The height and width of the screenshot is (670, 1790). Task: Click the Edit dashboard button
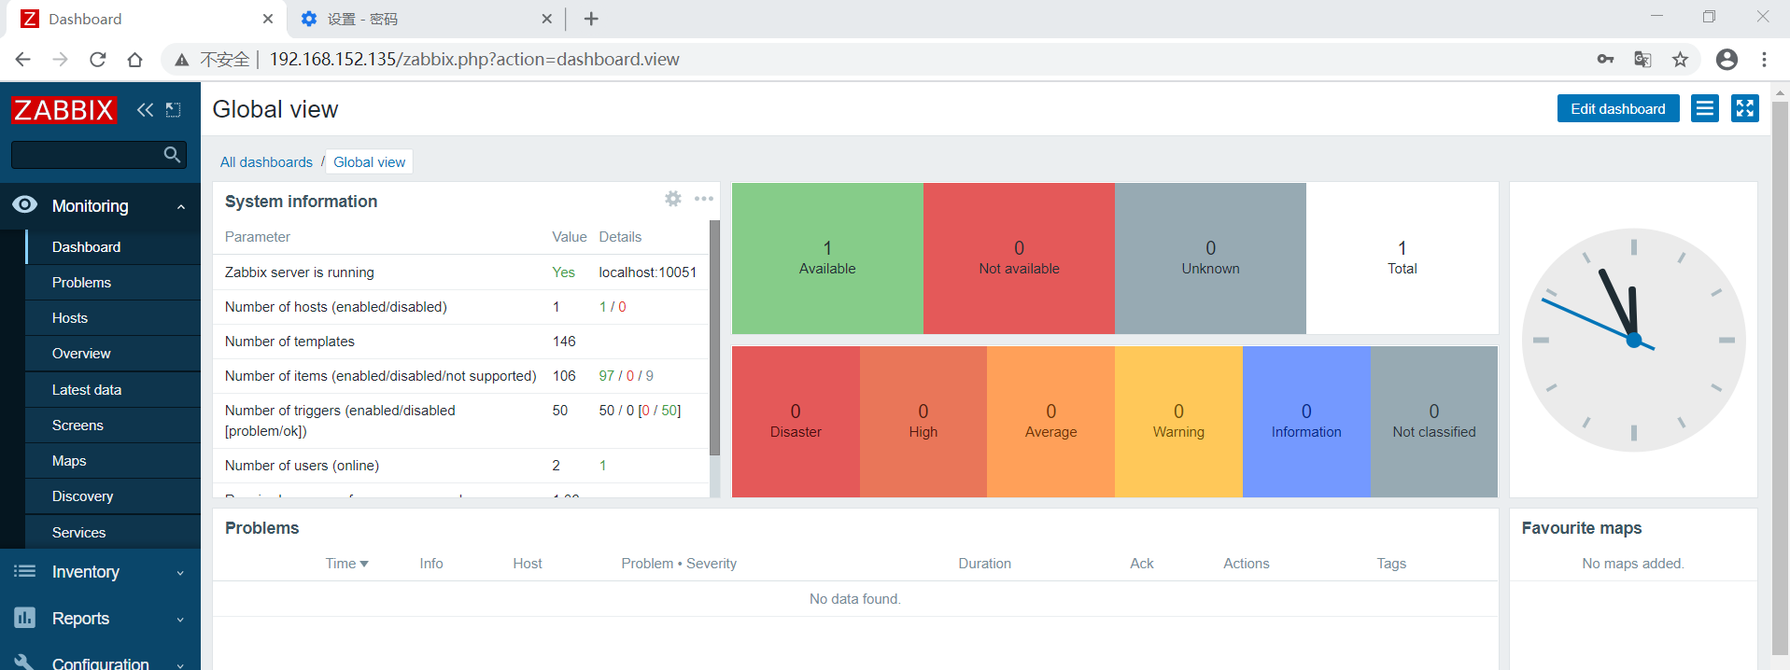pyautogui.click(x=1617, y=109)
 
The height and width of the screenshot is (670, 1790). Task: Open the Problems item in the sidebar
pyautogui.click(x=81, y=283)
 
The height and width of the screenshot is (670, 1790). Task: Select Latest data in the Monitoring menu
pyautogui.click(x=87, y=390)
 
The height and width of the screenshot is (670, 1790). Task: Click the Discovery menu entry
pyautogui.click(x=82, y=496)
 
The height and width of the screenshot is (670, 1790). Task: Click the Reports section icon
pyautogui.click(x=25, y=618)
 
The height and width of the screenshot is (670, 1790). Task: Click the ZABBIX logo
pyautogui.click(x=63, y=110)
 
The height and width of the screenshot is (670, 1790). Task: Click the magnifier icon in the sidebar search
pyautogui.click(x=172, y=155)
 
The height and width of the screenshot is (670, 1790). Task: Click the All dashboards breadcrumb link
pyautogui.click(x=266, y=162)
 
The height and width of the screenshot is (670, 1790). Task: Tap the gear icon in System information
pyautogui.click(x=672, y=199)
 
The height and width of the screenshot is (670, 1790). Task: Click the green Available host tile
pyautogui.click(x=827, y=258)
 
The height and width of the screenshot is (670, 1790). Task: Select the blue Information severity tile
pyautogui.click(x=1306, y=422)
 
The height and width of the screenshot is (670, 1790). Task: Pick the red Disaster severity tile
pyautogui.click(x=796, y=422)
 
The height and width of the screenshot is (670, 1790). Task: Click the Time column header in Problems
pyautogui.click(x=346, y=564)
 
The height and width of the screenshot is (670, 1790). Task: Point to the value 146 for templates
pyautogui.click(x=564, y=342)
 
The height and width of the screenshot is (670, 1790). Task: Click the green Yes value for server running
pyautogui.click(x=563, y=272)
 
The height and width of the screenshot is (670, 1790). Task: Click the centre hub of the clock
pyautogui.click(x=1633, y=341)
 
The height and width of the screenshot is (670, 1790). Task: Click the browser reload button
pyautogui.click(x=98, y=60)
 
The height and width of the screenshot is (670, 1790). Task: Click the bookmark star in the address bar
pyautogui.click(x=1680, y=60)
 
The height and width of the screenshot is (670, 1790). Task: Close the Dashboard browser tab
pyautogui.click(x=268, y=19)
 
